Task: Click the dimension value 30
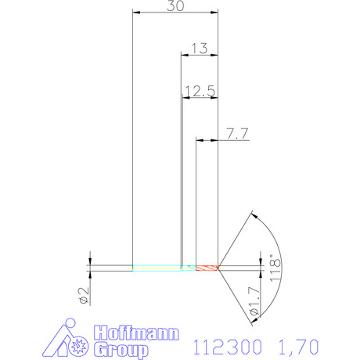pyautogui.click(x=175, y=5)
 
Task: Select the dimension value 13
pyautogui.click(x=200, y=49)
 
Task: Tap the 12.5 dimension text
pyautogui.click(x=200, y=91)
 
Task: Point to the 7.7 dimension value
pyautogui.click(x=237, y=134)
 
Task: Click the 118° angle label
pyautogui.click(x=275, y=268)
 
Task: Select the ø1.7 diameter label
pyautogui.click(x=255, y=301)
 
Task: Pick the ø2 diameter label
pyautogui.click(x=84, y=296)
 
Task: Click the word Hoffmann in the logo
pyautogui.click(x=136, y=333)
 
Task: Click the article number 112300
pyautogui.click(x=227, y=347)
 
